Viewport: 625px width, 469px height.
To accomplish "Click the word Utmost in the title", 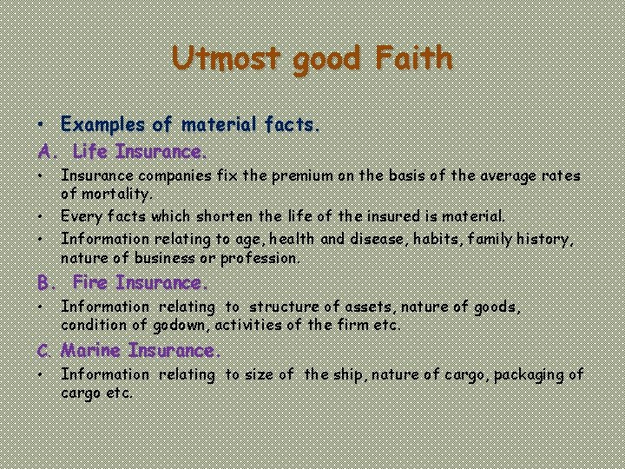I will click(x=227, y=58).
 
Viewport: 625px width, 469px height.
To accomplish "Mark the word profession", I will click(x=261, y=258).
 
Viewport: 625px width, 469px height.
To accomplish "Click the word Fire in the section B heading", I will click(x=91, y=283).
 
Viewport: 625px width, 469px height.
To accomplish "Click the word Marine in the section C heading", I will click(x=92, y=351).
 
